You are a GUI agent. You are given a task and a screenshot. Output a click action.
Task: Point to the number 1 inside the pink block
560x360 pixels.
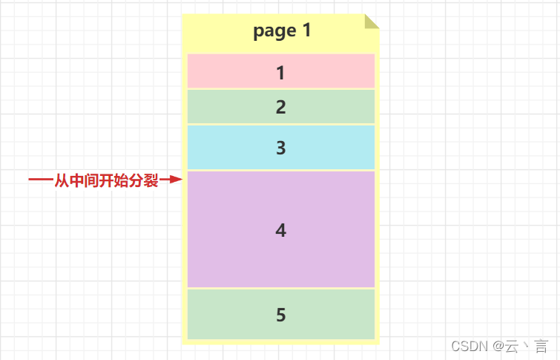point(280,73)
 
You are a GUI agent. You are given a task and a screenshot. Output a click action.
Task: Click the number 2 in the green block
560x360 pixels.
point(280,107)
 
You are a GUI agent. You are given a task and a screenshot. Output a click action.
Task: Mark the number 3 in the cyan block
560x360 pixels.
point(280,148)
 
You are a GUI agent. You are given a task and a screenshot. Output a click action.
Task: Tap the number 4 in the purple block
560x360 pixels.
point(280,230)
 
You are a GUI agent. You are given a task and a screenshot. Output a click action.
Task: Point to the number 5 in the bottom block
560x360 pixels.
point(280,315)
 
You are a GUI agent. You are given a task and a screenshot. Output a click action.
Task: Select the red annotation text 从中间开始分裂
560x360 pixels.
point(106,180)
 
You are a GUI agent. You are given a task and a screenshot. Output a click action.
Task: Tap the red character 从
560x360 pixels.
point(62,180)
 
